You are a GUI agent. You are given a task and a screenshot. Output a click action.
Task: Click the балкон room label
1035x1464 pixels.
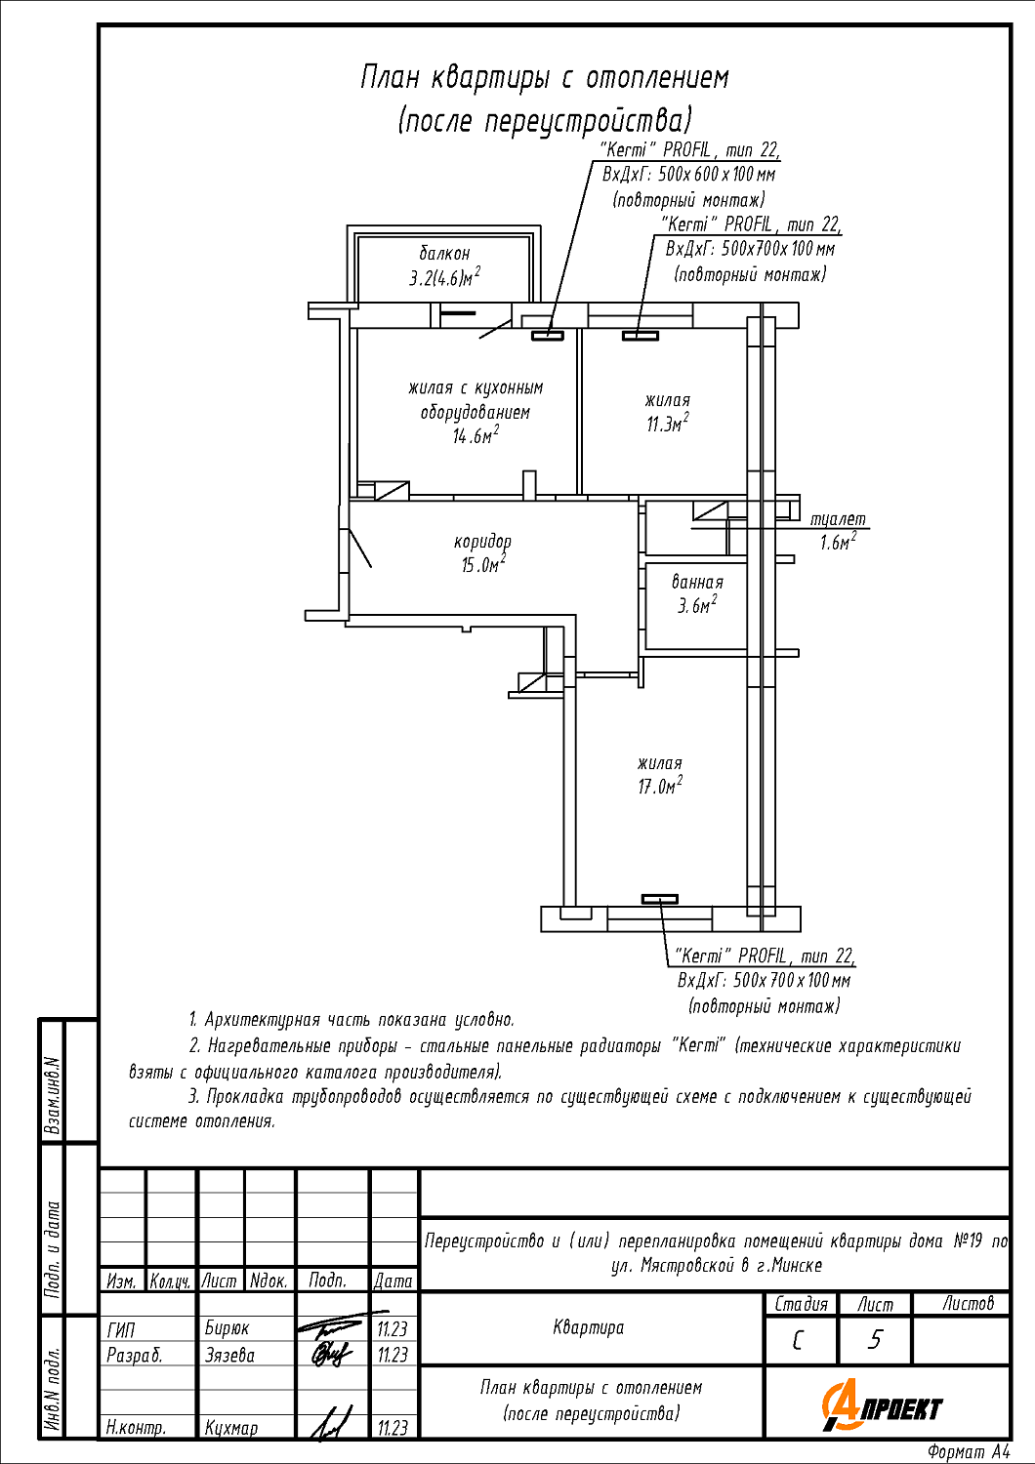(444, 254)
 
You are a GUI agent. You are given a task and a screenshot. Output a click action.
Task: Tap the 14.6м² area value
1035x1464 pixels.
(475, 435)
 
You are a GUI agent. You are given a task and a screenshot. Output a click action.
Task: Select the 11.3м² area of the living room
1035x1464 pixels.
(667, 424)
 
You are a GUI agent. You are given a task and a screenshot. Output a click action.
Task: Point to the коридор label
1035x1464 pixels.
(482, 541)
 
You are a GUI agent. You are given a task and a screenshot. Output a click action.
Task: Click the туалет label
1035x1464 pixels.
(838, 519)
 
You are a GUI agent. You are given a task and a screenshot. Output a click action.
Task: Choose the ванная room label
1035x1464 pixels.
(697, 582)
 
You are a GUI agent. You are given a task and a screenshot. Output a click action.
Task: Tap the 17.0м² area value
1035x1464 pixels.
(660, 786)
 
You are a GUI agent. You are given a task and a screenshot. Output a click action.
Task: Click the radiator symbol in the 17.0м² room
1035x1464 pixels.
(659, 899)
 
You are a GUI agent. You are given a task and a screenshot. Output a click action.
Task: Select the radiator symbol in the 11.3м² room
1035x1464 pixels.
(641, 336)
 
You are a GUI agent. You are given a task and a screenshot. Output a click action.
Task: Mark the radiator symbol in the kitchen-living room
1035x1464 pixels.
(548, 336)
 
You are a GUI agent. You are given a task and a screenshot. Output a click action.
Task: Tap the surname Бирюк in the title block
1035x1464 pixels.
(227, 1328)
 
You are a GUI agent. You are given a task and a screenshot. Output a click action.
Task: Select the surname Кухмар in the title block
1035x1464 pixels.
(231, 1428)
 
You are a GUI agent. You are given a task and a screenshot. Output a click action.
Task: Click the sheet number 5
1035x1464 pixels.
(874, 1340)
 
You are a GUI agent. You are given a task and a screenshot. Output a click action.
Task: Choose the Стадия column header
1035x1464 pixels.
(801, 1304)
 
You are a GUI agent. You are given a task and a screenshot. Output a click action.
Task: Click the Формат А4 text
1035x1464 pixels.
(969, 1452)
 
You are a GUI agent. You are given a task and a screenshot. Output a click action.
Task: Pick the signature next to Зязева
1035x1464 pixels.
(331, 1355)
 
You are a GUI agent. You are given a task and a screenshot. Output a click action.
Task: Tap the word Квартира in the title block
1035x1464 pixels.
(588, 1327)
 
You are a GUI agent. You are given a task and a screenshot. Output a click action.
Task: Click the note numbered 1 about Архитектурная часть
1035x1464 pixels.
(352, 1020)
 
